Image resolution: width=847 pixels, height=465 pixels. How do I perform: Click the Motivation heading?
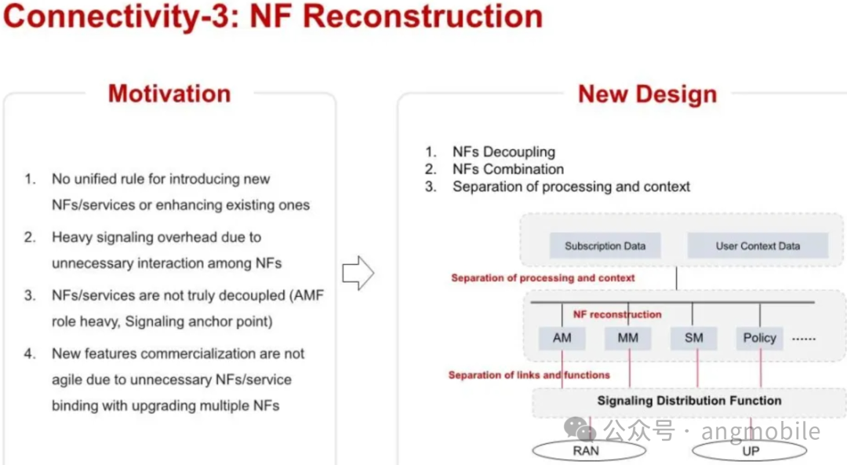[x=169, y=93]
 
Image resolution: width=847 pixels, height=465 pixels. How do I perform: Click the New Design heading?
[x=647, y=94]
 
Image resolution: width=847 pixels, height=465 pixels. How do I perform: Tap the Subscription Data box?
[x=605, y=246]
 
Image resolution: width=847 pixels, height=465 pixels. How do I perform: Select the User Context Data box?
[x=758, y=246]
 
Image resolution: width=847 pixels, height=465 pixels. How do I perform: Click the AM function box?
[x=562, y=339]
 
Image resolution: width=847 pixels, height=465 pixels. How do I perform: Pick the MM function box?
[x=627, y=339]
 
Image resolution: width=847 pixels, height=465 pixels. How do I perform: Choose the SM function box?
[x=693, y=339]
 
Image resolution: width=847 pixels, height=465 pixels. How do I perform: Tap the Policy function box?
[x=759, y=339]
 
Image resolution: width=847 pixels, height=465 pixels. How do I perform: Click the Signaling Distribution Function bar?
[x=689, y=401]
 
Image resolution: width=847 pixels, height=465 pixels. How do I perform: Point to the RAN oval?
[x=586, y=451]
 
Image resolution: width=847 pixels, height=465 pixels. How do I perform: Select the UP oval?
[x=751, y=451]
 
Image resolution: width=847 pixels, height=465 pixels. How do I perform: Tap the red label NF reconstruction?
[x=617, y=314]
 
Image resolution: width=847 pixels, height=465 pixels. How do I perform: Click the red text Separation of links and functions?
[x=529, y=375]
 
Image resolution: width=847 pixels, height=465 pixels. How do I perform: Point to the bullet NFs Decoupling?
[x=503, y=152]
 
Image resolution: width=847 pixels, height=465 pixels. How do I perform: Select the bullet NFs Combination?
[x=507, y=169]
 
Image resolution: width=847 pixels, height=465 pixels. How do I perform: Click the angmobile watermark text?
[x=761, y=431]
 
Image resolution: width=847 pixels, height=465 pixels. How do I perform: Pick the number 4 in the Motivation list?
[x=30, y=353]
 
